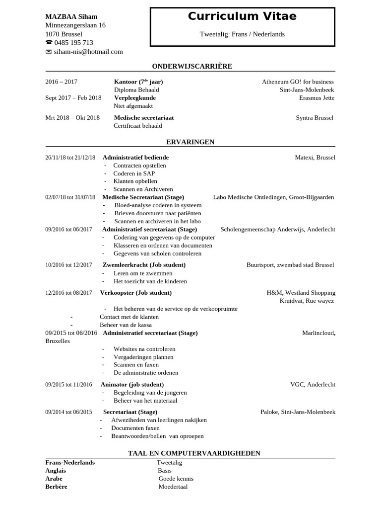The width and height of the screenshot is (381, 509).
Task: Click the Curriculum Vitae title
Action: tap(242, 16)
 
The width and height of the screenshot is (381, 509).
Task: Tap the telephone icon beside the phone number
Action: tap(49, 43)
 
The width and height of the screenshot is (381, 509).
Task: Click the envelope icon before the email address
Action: tap(49, 52)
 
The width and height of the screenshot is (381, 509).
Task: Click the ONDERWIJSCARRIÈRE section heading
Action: tap(191, 66)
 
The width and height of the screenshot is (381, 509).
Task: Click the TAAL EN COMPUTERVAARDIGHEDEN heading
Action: tap(194, 453)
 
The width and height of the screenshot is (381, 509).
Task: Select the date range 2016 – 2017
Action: tap(62, 82)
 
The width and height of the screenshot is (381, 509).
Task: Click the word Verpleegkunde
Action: tap(134, 98)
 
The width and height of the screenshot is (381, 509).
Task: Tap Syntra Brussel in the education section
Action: tap(315, 118)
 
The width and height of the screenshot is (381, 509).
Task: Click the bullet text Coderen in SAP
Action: tap(134, 173)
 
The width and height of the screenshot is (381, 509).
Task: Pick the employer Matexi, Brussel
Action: tap(315, 158)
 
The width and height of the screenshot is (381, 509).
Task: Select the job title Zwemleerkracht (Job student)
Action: tap(144, 265)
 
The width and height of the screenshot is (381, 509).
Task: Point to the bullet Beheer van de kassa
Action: tap(126, 325)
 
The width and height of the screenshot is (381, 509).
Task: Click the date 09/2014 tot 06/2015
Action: tap(68, 412)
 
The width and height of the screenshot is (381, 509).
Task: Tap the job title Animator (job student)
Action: tap(132, 384)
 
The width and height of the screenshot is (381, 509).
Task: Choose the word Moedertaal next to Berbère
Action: tap(173, 487)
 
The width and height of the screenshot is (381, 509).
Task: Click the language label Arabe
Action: tap(54, 479)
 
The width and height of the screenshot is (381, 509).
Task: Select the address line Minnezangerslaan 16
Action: tap(75, 25)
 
